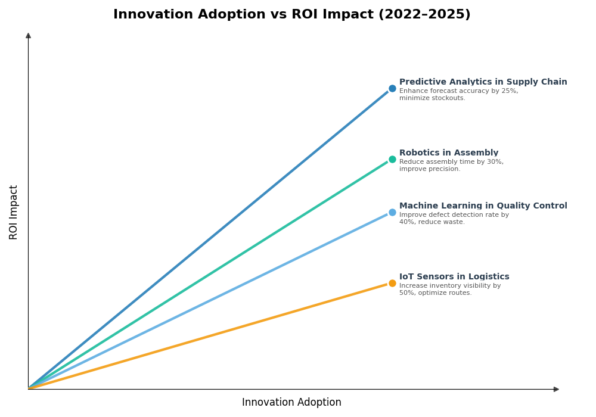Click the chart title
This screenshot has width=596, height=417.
click(291, 15)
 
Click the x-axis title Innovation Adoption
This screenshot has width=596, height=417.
click(291, 403)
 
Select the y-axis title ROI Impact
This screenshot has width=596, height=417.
click(14, 212)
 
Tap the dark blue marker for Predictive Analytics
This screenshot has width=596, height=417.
click(392, 89)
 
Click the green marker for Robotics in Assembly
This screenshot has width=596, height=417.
click(392, 160)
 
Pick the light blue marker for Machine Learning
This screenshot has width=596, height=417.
click(392, 213)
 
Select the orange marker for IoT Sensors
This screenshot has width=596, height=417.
click(392, 284)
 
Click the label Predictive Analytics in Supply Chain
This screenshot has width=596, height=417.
click(483, 82)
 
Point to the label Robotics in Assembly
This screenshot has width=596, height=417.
click(448, 153)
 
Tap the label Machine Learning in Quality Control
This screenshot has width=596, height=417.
click(483, 206)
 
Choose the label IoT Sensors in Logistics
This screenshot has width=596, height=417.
click(454, 277)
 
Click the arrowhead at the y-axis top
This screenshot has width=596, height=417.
click(28, 36)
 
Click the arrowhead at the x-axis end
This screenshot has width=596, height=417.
click(556, 389)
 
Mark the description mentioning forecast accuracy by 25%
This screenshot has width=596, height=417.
click(458, 95)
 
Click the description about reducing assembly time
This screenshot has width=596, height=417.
click(451, 166)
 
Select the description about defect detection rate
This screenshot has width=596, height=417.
click(454, 219)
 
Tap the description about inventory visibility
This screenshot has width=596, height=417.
click(450, 290)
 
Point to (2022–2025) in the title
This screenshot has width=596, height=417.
click(424, 15)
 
